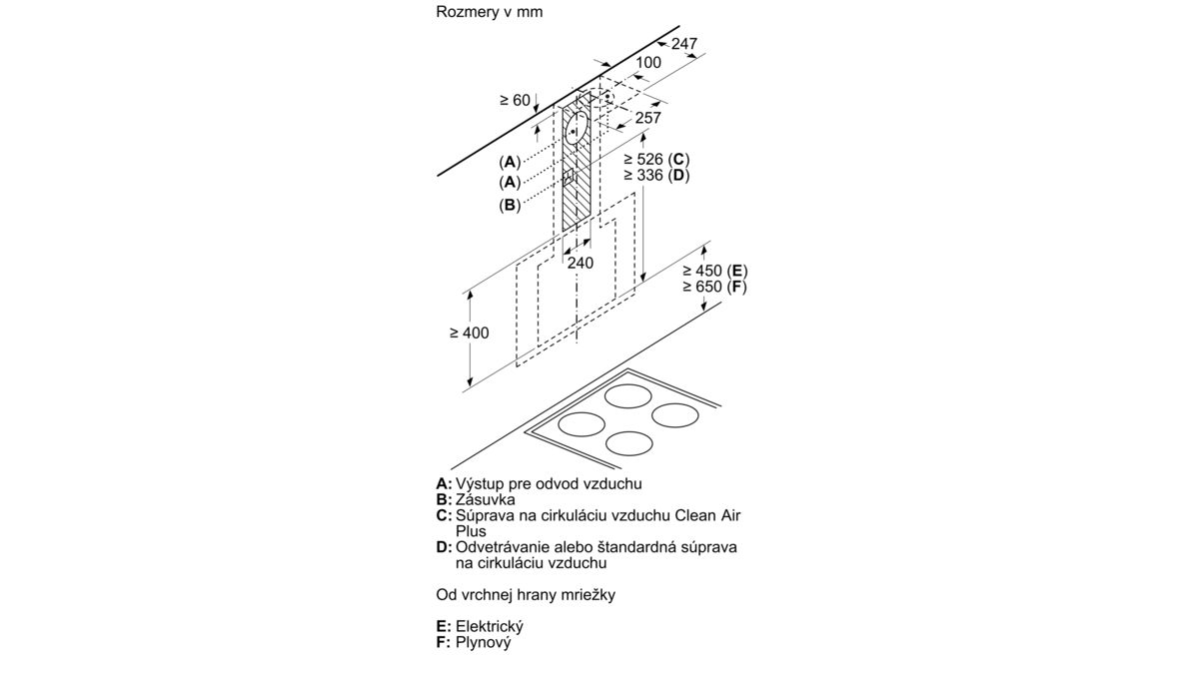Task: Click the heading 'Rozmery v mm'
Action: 490,12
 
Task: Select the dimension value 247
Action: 684,43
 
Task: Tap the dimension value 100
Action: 648,63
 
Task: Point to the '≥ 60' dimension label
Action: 515,100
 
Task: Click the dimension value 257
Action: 647,118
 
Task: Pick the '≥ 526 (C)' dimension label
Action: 656,159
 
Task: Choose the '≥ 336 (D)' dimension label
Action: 656,175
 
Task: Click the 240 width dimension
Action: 581,263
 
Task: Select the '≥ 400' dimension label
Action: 470,333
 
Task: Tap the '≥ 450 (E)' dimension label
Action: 715,271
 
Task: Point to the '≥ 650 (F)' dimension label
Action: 714,287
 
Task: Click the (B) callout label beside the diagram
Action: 510,205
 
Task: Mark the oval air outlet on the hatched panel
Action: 577,129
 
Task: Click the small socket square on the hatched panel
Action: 569,178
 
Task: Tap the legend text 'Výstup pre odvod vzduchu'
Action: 549,483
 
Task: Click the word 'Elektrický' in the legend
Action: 490,626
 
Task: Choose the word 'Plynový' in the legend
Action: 484,642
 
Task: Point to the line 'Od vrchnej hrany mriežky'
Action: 526,595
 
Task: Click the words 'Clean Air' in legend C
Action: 707,515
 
